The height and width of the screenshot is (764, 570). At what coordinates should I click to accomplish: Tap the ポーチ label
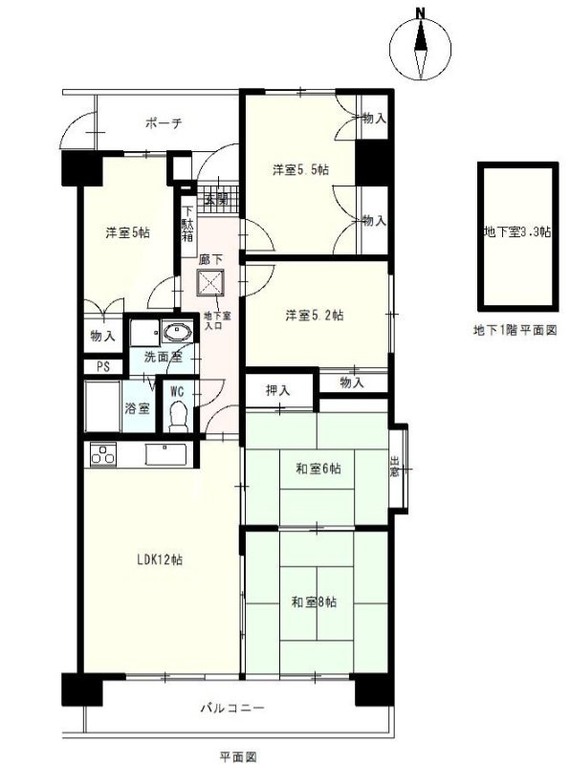pos(164,122)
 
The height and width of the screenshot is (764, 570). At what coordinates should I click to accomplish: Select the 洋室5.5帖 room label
pos(300,169)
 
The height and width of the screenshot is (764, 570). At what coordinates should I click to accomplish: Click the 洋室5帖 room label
pos(127,232)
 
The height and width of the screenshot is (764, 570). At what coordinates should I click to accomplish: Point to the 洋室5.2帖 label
pos(315,316)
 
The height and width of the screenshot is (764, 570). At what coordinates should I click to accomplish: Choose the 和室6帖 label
pos(318,469)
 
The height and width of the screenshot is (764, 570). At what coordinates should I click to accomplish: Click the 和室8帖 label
pos(314,602)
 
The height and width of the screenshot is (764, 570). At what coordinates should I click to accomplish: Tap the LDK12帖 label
pos(160,559)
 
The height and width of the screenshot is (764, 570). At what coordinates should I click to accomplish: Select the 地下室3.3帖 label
pos(517,232)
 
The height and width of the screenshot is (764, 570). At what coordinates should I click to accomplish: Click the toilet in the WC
pos(178,416)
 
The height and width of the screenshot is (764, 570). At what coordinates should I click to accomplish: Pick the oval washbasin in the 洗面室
pos(176,333)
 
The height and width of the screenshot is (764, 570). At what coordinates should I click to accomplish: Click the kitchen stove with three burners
pos(103,455)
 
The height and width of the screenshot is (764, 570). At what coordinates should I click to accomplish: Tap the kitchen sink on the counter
pos(164,454)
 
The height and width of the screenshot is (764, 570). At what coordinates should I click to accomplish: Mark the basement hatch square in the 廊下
pos(211,283)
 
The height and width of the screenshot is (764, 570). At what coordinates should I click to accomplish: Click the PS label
pos(102,367)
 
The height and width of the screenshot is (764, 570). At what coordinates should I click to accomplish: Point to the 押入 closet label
pos(278,390)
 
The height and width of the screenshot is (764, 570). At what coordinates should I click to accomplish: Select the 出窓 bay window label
pos(394,467)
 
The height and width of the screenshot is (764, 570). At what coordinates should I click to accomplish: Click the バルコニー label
pos(232,708)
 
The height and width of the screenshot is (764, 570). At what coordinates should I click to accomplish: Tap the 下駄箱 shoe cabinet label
pos(188,225)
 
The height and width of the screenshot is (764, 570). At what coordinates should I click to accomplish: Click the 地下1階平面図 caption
pos(515,330)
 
